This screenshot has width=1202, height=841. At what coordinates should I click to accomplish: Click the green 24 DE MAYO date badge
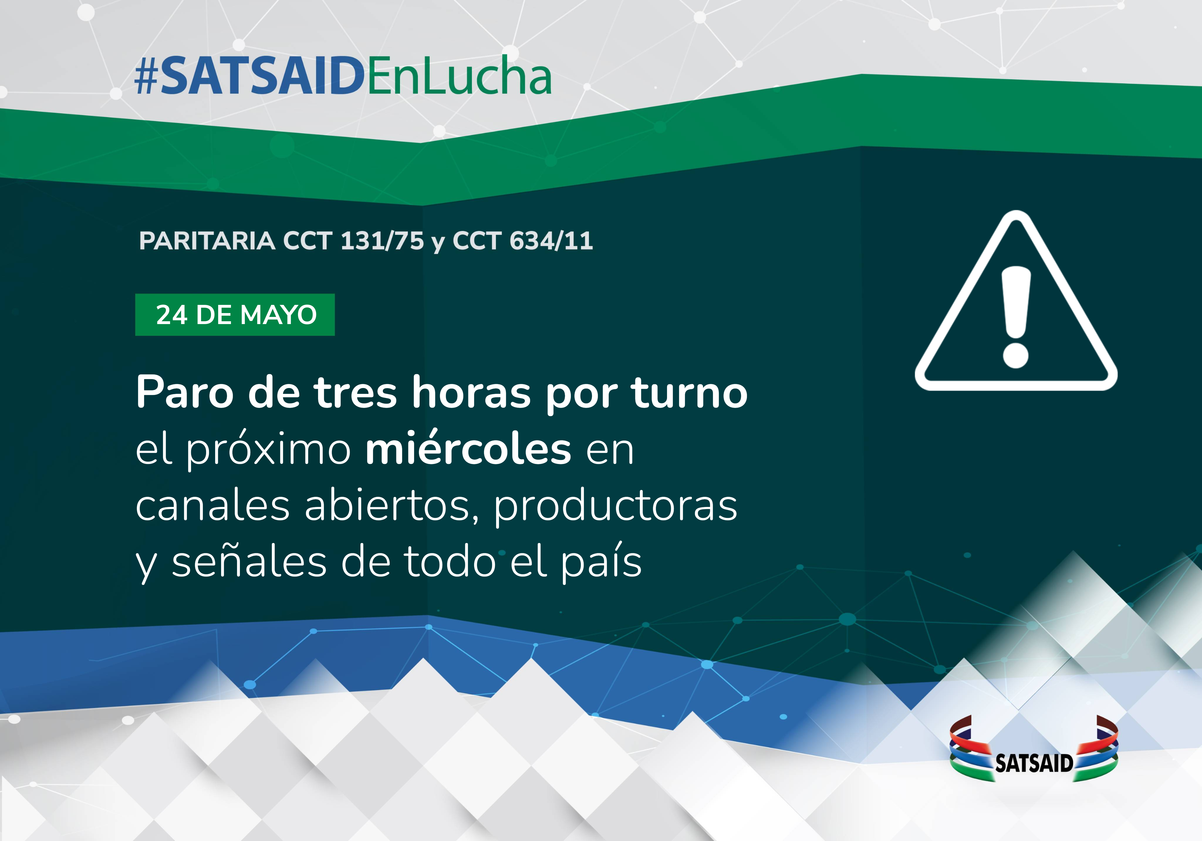click(235, 315)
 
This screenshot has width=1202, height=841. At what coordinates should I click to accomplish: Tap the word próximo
click(269, 450)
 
